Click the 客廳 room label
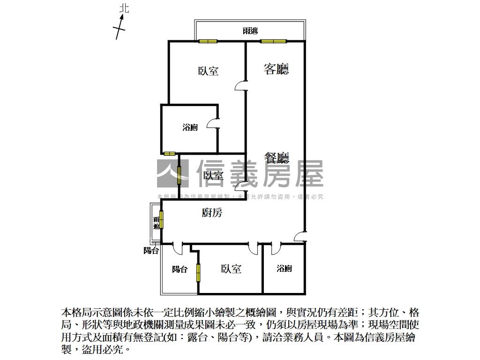[276, 69]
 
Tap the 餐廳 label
[276, 158]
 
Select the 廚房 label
[212, 213]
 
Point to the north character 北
[124, 8]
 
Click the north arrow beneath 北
[120, 27]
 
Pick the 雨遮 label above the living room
[250, 31]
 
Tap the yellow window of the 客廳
[273, 41]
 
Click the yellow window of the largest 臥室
[208, 41]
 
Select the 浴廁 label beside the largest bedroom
[190, 127]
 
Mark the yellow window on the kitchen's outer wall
[161, 220]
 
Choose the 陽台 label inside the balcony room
[180, 269]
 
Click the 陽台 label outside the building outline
[151, 251]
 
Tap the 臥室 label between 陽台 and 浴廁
[231, 269]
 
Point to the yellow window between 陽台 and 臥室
[198, 272]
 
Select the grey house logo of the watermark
[172, 173]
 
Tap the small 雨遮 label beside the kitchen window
[157, 222]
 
